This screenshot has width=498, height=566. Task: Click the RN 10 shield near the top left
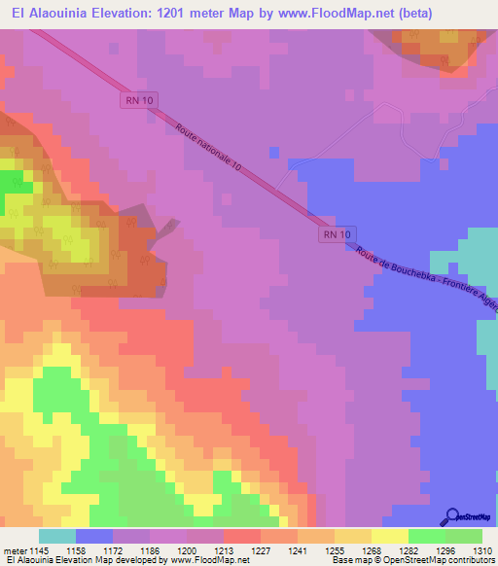pos(137,100)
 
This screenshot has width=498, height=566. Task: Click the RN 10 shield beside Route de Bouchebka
pos(338,234)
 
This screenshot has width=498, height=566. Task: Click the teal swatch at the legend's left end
pos(57,536)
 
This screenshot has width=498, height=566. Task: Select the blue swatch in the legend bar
pos(94,536)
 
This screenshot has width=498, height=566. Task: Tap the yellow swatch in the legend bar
pos(390,536)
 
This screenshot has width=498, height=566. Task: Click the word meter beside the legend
pos(17,549)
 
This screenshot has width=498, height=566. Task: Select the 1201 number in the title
pos(214,13)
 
